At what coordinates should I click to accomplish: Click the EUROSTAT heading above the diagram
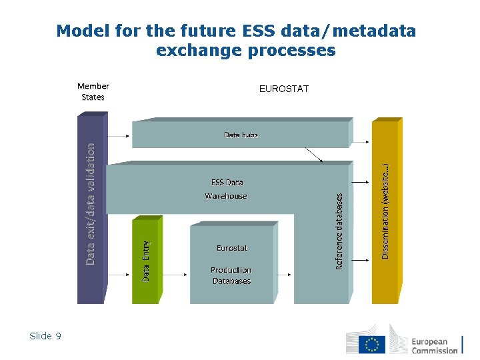283,89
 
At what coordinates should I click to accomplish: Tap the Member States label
93,91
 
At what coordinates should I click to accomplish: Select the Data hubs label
241,135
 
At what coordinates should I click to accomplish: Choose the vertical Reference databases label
339,231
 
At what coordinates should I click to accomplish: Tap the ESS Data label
227,182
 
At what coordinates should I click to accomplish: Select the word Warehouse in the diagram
226,196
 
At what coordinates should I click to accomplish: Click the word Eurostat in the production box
231,248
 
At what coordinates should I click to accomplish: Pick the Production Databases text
231,275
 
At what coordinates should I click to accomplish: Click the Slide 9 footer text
45,336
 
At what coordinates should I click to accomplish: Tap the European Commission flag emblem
371,344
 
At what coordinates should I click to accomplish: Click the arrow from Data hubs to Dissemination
360,141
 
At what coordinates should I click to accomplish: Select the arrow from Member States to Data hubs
118,136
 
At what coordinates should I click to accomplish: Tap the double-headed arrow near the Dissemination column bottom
360,259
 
